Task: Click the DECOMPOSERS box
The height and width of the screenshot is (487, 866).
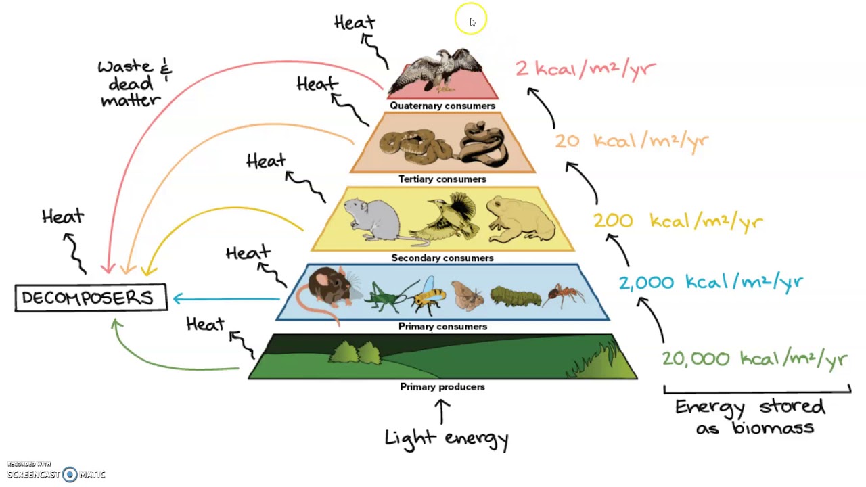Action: (91, 298)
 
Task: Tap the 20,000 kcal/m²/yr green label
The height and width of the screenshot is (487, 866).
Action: (754, 358)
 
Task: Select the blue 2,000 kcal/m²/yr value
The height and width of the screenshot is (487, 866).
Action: (710, 282)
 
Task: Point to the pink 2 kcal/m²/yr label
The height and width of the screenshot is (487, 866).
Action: (585, 68)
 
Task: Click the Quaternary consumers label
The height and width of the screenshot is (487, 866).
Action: (442, 106)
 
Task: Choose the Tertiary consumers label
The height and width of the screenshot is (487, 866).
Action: (442, 179)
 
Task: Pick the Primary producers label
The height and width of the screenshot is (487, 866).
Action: (442, 387)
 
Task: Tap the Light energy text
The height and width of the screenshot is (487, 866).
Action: (447, 438)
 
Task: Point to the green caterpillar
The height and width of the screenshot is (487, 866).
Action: (516, 296)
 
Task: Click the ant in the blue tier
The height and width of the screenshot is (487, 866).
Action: (564, 295)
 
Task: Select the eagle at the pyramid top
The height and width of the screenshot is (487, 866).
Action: (440, 69)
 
